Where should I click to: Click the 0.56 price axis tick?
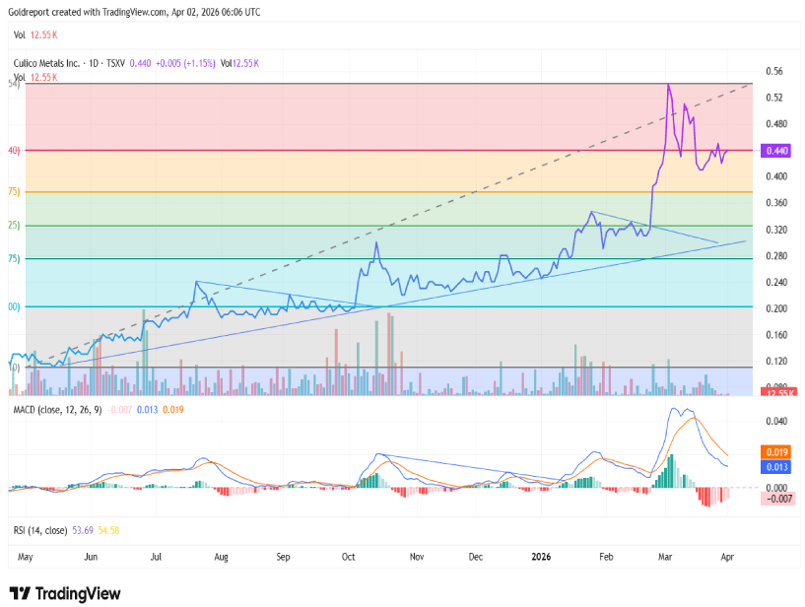(x=774, y=72)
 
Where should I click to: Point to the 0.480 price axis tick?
(x=776, y=124)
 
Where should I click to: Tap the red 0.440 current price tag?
(x=776, y=151)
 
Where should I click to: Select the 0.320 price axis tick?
(x=776, y=230)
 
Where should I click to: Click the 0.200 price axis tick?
(x=776, y=308)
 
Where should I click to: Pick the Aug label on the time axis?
(x=221, y=557)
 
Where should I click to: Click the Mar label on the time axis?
(x=667, y=557)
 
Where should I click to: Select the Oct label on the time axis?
(x=348, y=557)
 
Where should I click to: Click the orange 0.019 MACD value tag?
(x=774, y=451)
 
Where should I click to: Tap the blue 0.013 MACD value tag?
(x=774, y=466)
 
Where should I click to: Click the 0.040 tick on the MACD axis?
(x=776, y=421)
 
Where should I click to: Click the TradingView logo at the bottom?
(x=66, y=593)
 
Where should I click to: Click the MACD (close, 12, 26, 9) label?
(x=57, y=409)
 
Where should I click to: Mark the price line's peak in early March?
(x=669, y=86)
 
